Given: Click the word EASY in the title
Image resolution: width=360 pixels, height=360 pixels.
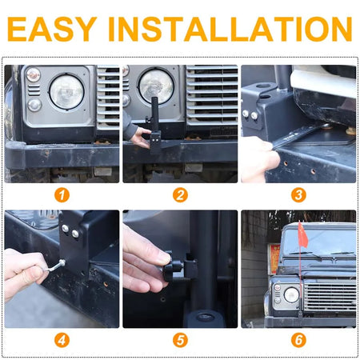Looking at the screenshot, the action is [52, 29].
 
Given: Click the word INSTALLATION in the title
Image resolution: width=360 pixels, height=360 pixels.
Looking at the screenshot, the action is [230, 29].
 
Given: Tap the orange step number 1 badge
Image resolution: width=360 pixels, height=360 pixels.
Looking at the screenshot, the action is [62, 195].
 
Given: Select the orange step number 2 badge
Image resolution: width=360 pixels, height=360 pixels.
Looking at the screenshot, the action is [180, 195].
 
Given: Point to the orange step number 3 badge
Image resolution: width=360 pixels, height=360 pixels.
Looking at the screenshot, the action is [298, 195].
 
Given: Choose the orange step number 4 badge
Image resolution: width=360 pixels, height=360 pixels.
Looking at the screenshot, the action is [62, 340].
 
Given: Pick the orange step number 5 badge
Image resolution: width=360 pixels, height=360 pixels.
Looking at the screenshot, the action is [180, 340].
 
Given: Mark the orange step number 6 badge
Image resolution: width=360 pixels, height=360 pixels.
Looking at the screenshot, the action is [298, 340].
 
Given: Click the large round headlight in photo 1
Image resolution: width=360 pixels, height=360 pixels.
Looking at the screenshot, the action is [66, 92].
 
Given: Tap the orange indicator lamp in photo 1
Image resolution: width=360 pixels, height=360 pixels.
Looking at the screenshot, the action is [34, 74].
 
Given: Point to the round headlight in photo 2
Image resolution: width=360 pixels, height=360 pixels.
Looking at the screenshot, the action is [156, 86].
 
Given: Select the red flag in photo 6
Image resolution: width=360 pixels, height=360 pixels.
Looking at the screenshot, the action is [303, 234].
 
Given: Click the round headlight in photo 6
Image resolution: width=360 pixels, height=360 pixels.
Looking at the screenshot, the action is [291, 295].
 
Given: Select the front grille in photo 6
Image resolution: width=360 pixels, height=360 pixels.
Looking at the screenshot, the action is [330, 297].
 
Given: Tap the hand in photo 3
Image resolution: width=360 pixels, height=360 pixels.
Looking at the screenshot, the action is [258, 158].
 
